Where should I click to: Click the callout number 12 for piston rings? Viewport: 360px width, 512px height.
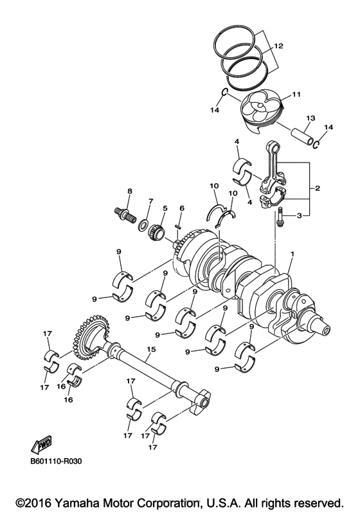(278, 46)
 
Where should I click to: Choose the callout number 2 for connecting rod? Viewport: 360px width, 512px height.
(318, 188)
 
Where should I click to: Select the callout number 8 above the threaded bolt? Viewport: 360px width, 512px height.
(129, 191)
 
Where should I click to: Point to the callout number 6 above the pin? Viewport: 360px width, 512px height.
(182, 208)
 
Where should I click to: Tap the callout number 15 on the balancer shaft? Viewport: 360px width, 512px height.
(151, 350)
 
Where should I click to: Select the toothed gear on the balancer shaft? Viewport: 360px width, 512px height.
(86, 334)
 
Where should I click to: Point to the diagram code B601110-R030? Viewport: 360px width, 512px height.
(57, 461)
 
